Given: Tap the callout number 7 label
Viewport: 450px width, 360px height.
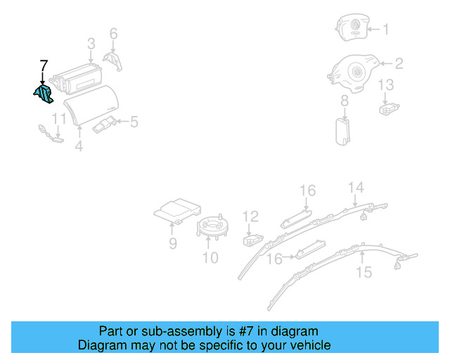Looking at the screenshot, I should pos(43,67).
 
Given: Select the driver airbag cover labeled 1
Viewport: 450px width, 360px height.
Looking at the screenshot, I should pos(352,29).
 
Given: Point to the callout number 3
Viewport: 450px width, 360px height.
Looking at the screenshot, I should pos(91,44).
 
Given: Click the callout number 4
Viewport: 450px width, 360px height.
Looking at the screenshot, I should pos(79,146).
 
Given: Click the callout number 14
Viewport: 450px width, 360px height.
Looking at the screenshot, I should pos(357,186).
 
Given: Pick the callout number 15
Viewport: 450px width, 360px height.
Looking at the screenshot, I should pos(364,272).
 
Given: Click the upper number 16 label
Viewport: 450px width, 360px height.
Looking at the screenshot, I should pos(308,191).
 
